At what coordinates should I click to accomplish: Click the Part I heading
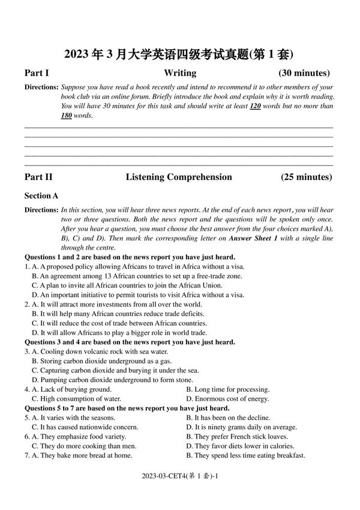[37, 73]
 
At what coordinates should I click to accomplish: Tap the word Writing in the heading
[180, 73]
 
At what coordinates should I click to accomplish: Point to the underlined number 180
[67, 115]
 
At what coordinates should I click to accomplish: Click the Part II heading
[38, 177]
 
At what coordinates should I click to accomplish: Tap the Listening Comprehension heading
[179, 177]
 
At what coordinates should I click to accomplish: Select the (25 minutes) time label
[306, 177]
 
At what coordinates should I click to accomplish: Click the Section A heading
[41, 196]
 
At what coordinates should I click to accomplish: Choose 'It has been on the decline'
[228, 418]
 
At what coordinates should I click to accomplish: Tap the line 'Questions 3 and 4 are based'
[130, 342]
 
